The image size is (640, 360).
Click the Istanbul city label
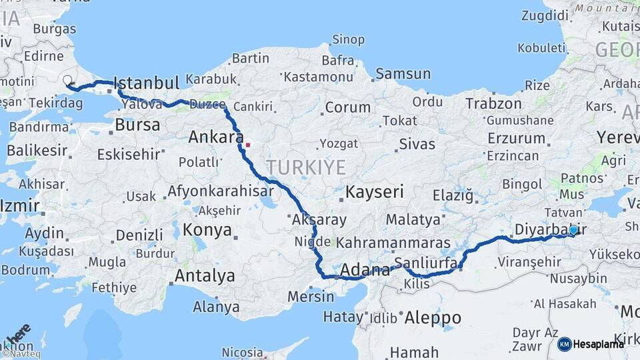pyautogui.click(x=147, y=83)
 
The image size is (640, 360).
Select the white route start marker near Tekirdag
pyautogui.click(x=67, y=81)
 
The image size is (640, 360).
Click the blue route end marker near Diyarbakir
pyautogui.click(x=573, y=230)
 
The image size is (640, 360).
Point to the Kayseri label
pyautogui.click(x=375, y=193)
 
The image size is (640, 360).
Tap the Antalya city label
pyautogui.click(x=205, y=275)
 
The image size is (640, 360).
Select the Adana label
pyautogui.click(x=365, y=271)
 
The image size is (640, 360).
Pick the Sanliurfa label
pyautogui.click(x=425, y=262)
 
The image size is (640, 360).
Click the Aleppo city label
pyautogui.click(x=433, y=317)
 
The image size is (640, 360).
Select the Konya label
pyautogui.click(x=207, y=231)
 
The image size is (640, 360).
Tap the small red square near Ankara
pyautogui.click(x=247, y=144)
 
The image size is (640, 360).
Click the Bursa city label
pyautogui.click(x=137, y=125)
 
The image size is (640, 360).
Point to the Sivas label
pyautogui.click(x=417, y=144)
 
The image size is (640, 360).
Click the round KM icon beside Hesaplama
pyautogui.click(x=565, y=344)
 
